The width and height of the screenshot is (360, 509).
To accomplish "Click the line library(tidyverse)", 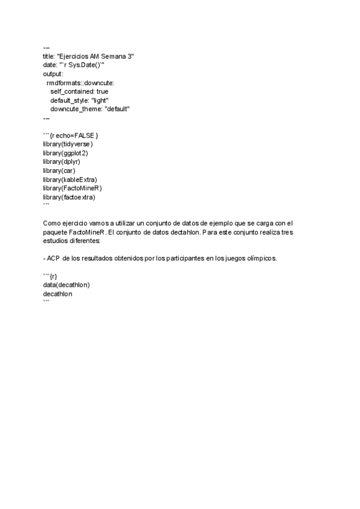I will point(68,144).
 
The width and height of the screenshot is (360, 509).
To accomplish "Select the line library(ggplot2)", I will point(65,153).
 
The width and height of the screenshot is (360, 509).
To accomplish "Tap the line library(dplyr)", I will point(61,161).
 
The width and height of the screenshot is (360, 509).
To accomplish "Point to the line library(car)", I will point(59,170).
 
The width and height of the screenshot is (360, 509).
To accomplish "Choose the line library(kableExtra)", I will point(70,179).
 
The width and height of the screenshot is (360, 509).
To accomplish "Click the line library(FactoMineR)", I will point(72,188).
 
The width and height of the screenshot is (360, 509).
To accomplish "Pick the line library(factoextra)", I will point(69,197).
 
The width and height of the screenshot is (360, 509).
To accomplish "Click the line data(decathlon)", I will point(66,285).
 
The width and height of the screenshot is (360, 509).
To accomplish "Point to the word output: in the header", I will point(53,74).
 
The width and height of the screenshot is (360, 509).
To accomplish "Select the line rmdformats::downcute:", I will point(80,82).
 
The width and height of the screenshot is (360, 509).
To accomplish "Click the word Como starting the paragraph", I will point(52,223).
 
